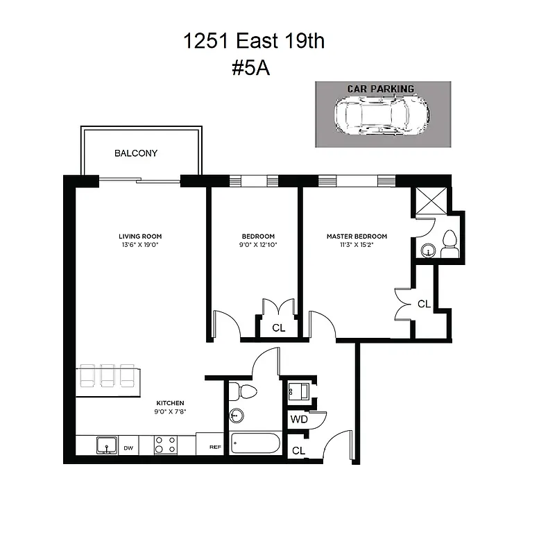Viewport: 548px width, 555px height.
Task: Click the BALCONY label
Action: tap(136, 153)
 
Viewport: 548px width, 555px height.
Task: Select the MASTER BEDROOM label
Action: tap(357, 237)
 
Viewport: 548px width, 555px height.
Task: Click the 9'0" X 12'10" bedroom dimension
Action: tap(258, 245)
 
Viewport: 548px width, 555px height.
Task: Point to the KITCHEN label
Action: tap(170, 403)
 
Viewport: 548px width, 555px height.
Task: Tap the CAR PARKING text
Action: tap(381, 89)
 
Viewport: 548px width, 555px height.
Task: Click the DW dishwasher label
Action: tap(128, 448)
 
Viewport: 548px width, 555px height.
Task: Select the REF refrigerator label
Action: tap(215, 448)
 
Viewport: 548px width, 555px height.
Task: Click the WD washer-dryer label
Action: tap(299, 420)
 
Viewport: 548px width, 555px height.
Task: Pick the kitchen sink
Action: tap(106, 445)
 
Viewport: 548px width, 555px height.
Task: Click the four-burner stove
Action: tap(164, 445)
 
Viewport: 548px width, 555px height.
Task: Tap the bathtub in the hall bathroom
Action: tap(255, 443)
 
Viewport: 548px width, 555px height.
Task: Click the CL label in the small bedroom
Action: tap(278, 328)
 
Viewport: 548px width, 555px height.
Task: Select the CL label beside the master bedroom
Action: tap(424, 304)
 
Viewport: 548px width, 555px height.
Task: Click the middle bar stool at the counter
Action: tap(108, 375)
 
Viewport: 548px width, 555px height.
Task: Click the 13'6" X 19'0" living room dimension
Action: tap(139, 245)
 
